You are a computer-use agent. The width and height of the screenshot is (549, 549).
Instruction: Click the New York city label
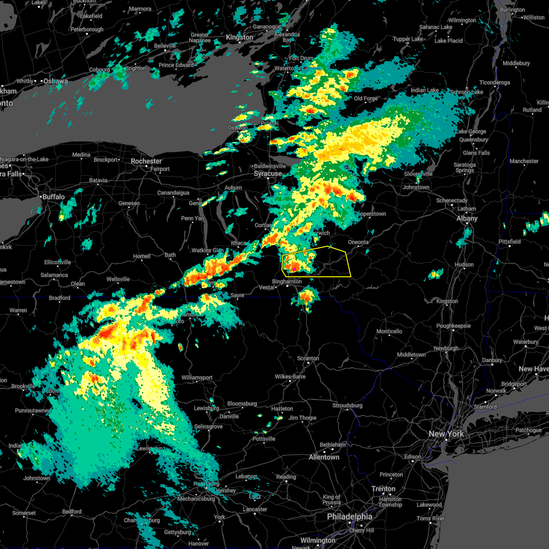[x=446, y=434]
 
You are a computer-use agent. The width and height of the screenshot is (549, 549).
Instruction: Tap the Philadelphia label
[x=350, y=517]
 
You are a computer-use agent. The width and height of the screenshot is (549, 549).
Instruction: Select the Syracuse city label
[x=268, y=174]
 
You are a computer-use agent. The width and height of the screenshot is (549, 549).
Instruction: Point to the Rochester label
[x=146, y=161]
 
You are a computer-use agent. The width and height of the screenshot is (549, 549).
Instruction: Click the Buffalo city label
[x=54, y=197]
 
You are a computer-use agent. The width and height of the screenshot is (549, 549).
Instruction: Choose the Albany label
[x=467, y=218]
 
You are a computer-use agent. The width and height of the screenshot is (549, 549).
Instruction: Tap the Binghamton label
[x=287, y=281]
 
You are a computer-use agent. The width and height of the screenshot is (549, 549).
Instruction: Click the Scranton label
[x=308, y=358]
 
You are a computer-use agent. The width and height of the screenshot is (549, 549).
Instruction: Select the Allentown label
[x=324, y=457]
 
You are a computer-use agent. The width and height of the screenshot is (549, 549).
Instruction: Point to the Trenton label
[x=383, y=489]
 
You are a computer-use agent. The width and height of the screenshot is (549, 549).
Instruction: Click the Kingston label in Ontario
[x=239, y=37]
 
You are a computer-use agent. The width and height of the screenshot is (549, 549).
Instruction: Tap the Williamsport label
[x=197, y=377]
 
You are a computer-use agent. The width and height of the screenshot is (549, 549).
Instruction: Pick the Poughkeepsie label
[x=453, y=326]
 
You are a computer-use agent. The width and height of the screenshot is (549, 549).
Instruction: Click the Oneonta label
[x=358, y=242]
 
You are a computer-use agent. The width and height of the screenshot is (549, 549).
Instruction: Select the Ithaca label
[x=238, y=243]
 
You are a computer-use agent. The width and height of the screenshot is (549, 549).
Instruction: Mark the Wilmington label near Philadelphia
[x=318, y=540]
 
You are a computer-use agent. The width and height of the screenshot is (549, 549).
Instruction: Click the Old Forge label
[x=366, y=98]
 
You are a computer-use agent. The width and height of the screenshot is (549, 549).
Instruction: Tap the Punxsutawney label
[x=32, y=410]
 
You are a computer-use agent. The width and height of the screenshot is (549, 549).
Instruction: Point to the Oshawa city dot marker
[x=41, y=81]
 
